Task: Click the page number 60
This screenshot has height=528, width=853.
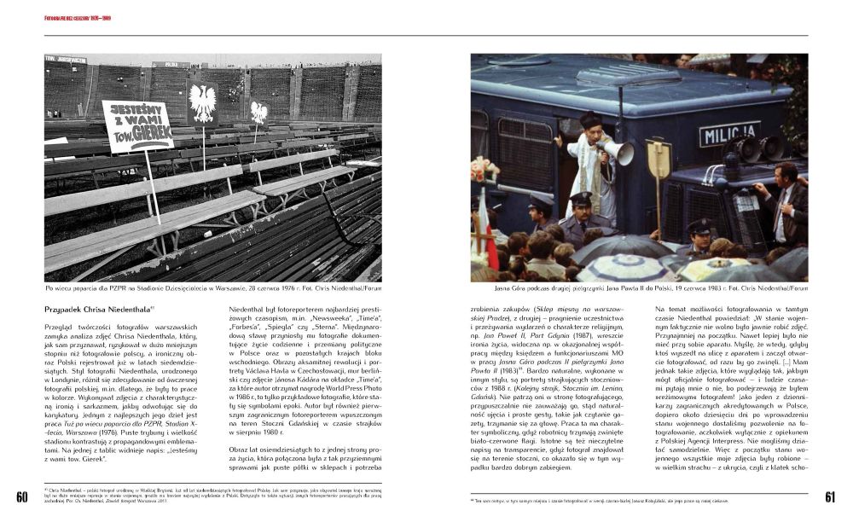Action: click(x=21, y=497)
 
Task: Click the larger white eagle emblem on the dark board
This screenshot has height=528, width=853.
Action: click(x=202, y=102)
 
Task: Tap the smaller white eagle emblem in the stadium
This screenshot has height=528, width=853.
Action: click(x=258, y=112)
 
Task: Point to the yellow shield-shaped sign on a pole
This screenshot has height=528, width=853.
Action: click(x=659, y=158)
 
